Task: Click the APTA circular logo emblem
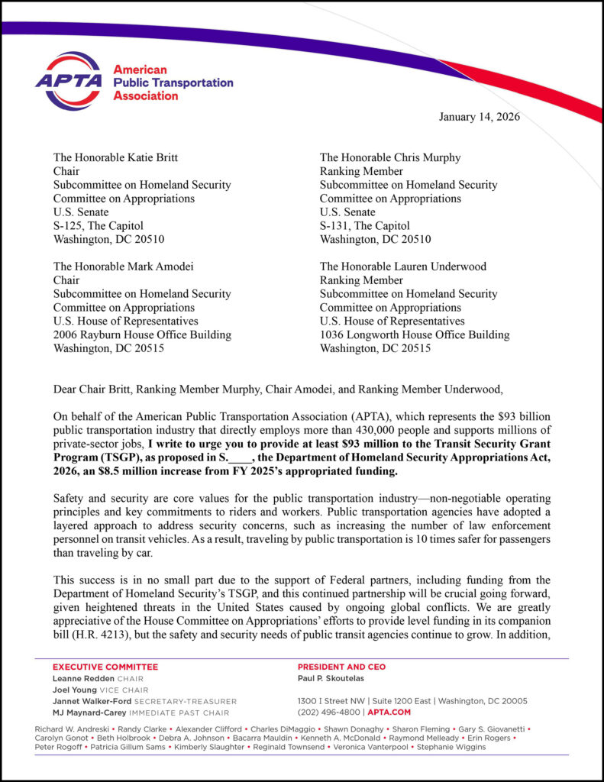[x=68, y=81]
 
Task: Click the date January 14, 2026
[x=479, y=116]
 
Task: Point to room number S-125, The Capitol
[x=98, y=225]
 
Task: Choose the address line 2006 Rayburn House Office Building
[x=142, y=334]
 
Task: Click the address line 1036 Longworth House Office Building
[x=415, y=334]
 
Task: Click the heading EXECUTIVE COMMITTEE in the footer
[x=105, y=667]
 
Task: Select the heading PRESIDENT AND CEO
[x=341, y=667]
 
